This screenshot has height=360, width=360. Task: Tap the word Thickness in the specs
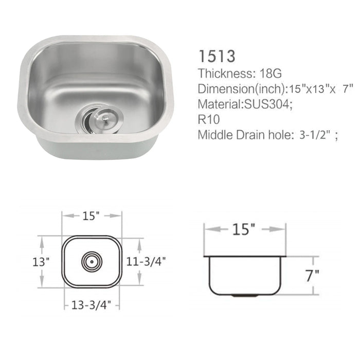[x=221, y=73]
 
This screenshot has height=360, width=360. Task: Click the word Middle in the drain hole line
[x=213, y=136]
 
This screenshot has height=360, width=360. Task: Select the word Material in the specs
[x=217, y=104]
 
